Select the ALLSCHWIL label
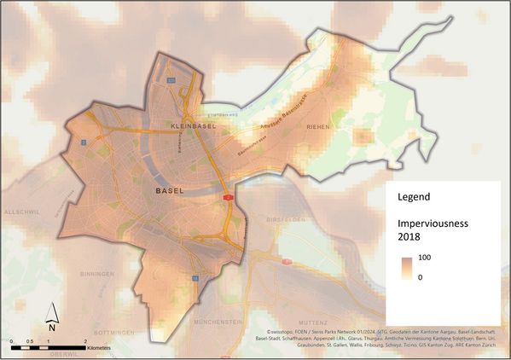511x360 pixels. (20, 210)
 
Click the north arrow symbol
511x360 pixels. (51, 316)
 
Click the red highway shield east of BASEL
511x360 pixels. (229, 196)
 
